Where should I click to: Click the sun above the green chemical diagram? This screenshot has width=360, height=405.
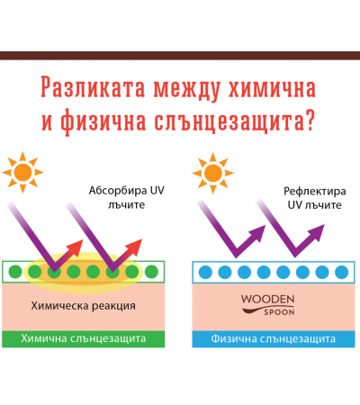tap(22, 172)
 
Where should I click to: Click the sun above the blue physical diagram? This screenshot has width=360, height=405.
tap(212, 173)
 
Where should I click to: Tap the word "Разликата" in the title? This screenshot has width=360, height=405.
tap(93, 87)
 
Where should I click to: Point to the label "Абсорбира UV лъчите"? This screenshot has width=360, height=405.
tap(126, 198)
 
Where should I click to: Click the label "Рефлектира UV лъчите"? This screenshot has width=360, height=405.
tap(314, 198)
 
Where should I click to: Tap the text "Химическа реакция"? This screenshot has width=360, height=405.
tap(83, 306)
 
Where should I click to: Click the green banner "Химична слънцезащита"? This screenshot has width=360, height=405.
tap(84, 339)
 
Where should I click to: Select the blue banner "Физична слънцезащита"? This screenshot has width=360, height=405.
tap(274, 339)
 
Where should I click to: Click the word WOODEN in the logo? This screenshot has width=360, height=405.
tap(267, 299)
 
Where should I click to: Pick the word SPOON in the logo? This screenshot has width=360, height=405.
tap(279, 312)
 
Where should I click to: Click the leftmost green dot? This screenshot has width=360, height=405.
tap(15, 272)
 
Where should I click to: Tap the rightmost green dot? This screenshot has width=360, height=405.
tap(151, 272)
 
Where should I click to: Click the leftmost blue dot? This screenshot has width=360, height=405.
tap(205, 272)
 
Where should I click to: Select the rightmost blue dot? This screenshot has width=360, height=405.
tap(341, 272)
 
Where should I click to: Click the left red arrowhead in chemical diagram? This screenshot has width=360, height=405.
tap(76, 247)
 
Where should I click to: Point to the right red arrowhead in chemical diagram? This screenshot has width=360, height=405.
tap(134, 247)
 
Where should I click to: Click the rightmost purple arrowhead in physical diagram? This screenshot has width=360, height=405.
tap(316, 232)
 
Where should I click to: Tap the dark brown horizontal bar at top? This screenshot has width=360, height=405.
tap(180, 56)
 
